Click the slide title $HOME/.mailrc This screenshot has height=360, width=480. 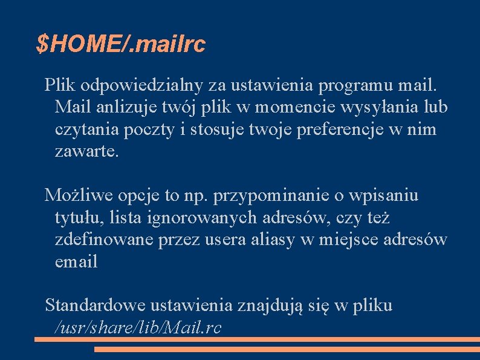click(121, 44)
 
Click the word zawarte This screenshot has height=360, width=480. click(87, 151)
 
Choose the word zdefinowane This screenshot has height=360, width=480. click(104, 239)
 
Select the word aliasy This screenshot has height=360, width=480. click(273, 239)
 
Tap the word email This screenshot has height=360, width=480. click(76, 261)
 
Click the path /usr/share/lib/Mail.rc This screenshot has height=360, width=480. click(138, 327)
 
